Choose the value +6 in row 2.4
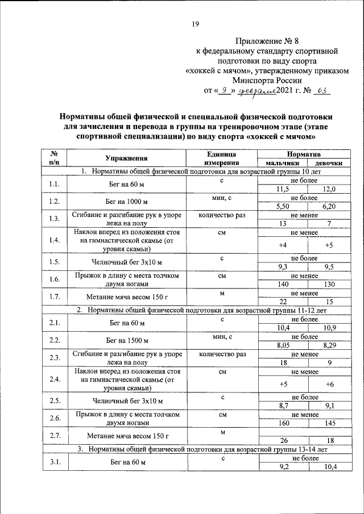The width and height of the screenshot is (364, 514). (329, 383)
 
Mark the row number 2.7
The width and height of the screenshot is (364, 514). (55, 436)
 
